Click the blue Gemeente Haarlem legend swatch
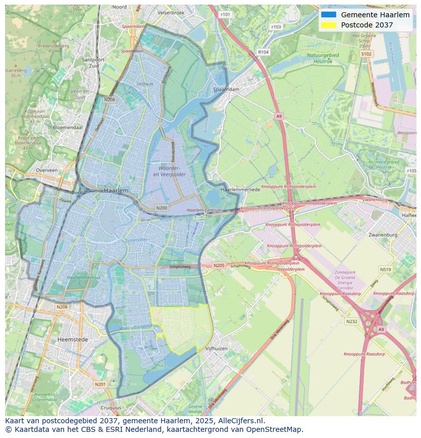[x=328, y=15]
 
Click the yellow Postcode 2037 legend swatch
[x=328, y=25]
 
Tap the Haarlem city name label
[x=116, y=190]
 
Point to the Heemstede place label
[x=73, y=339]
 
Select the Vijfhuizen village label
[x=217, y=348]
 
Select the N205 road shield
[x=219, y=266]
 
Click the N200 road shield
[x=162, y=208]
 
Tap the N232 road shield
[x=351, y=322]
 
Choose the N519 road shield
[x=385, y=270]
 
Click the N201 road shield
[x=100, y=384]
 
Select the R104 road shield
[x=263, y=52]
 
